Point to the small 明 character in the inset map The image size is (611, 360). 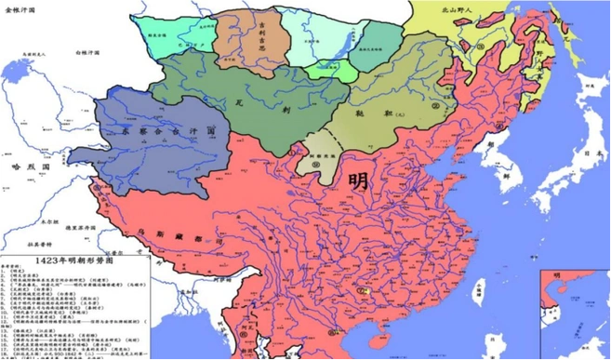pos(557,275)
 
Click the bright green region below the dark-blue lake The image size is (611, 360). pos(336,71)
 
